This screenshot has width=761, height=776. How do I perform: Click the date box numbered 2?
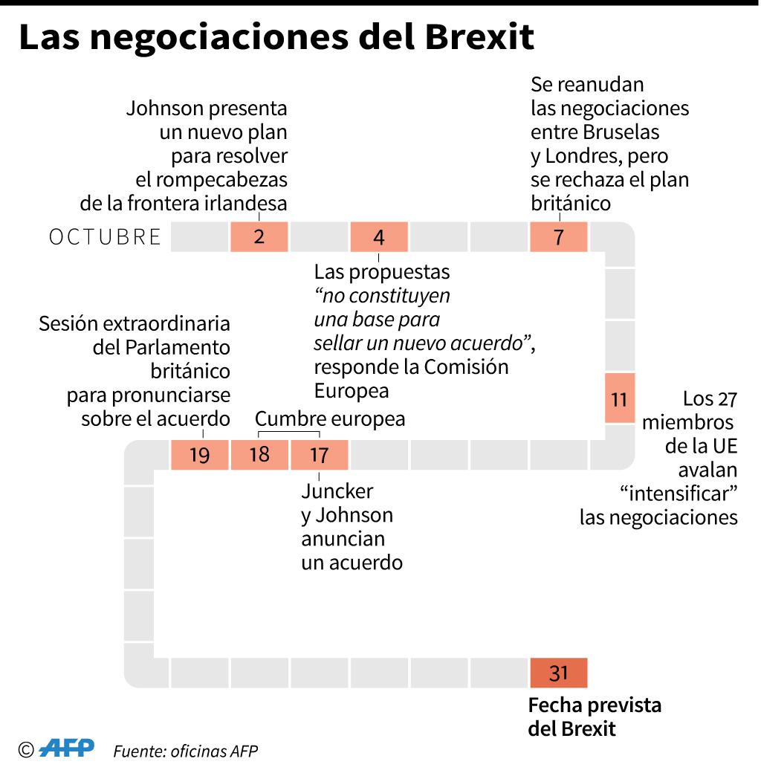[x=259, y=237]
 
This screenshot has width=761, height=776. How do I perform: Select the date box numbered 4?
[x=379, y=237]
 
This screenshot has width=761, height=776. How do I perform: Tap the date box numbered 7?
[x=559, y=237]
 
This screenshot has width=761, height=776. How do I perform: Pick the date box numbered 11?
[x=620, y=398]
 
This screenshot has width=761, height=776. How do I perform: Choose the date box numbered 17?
[x=319, y=455]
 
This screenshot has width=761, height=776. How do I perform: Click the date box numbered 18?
[x=259, y=455]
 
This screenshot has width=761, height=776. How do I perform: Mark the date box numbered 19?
[x=199, y=455]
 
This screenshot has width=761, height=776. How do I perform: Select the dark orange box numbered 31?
[x=558, y=673]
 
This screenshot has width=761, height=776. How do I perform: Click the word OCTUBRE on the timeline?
[x=105, y=237]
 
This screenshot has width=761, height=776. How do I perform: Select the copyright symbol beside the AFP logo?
[x=27, y=749]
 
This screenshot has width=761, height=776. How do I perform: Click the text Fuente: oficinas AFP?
[x=185, y=751]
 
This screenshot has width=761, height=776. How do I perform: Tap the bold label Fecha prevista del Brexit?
[x=594, y=716]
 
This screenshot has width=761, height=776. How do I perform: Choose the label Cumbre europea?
[x=331, y=419]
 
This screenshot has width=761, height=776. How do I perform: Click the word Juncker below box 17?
[x=337, y=491]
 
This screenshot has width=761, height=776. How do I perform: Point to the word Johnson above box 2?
[x=165, y=108]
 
